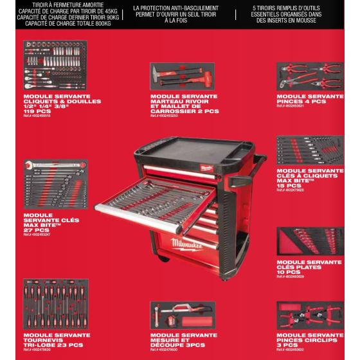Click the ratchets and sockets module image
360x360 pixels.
pos(61,67)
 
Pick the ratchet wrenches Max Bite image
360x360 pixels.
pos(310,150)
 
